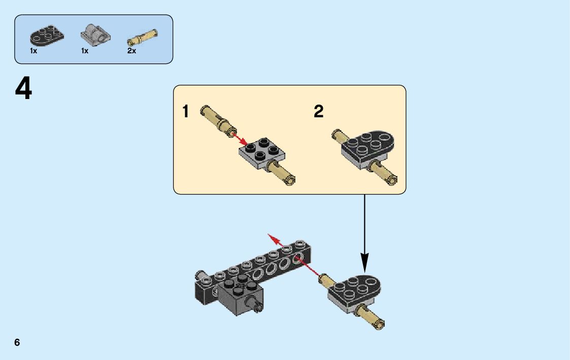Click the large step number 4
(x=23, y=88)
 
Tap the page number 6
(x=17, y=342)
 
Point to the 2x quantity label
(x=132, y=51)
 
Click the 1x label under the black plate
(x=33, y=51)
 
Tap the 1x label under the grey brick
(x=84, y=51)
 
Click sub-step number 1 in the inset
(x=186, y=111)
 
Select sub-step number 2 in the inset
(x=318, y=111)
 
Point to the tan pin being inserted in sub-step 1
(x=217, y=120)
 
